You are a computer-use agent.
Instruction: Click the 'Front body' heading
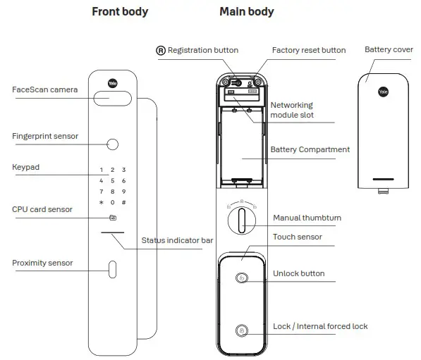point(119,11)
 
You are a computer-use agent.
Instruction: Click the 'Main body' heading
point(246,11)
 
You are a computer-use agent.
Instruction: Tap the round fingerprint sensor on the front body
point(112,145)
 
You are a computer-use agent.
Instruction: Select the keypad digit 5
point(112,181)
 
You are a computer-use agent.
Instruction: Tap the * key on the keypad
point(102,203)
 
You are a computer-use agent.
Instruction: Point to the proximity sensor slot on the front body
point(112,270)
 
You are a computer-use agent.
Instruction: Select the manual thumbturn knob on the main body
point(241,223)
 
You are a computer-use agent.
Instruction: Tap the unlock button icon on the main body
point(241,278)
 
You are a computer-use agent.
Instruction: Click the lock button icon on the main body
point(241,330)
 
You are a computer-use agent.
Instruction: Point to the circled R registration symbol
point(161,50)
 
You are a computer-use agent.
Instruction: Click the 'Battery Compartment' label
point(310,149)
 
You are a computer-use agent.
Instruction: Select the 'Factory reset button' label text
point(309,50)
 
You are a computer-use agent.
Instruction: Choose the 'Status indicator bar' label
point(177,240)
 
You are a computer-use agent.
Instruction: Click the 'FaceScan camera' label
point(44,90)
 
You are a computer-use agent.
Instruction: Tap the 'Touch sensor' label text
point(297,237)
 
